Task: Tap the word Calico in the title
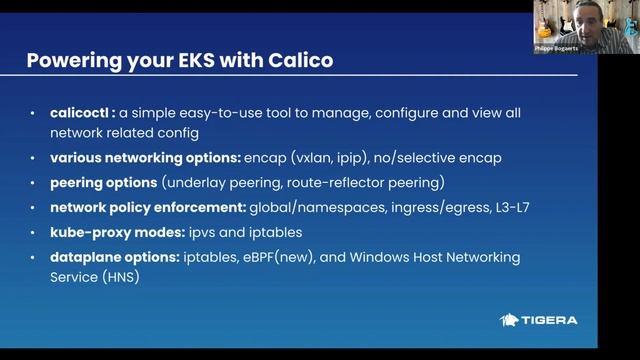point(297,60)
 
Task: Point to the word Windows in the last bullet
point(392,257)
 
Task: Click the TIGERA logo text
point(550,320)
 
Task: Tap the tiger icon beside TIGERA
point(509,320)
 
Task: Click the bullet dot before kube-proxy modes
point(36,233)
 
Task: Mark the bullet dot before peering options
point(36,184)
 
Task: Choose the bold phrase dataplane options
point(114,257)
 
